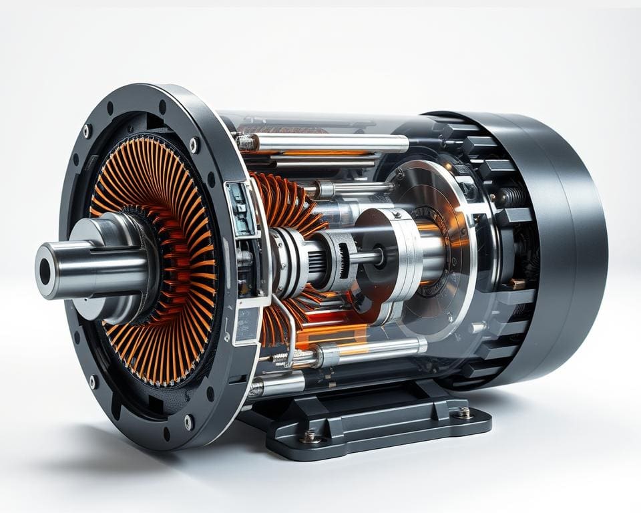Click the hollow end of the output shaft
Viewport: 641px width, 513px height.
45,271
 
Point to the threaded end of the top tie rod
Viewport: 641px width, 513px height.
246,142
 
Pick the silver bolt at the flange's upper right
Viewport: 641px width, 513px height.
194,144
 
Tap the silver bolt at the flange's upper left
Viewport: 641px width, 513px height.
86,130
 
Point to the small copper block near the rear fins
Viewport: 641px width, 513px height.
516,283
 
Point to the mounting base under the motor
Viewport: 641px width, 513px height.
374,421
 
